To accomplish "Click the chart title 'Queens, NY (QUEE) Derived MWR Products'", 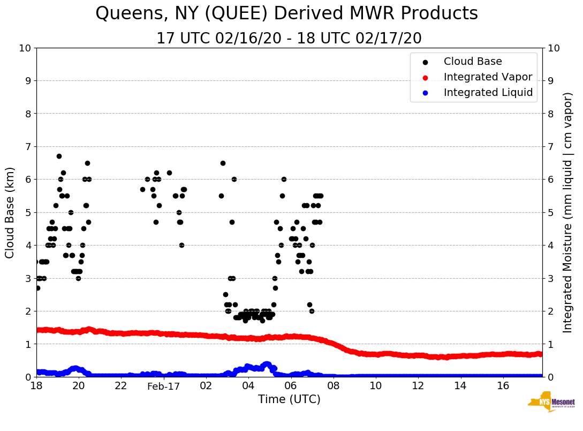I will click(286, 14).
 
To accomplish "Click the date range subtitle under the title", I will click(289, 39).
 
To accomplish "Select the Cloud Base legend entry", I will click(473, 62).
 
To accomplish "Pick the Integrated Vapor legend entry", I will click(488, 77).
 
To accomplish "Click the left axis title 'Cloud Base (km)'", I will click(10, 212).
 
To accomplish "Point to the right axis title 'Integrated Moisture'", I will click(567, 212).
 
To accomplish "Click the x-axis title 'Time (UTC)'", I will click(289, 399).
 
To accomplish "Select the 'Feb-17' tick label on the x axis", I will click(163, 386).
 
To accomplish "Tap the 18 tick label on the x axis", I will click(36, 386).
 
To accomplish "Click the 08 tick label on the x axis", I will click(333, 386).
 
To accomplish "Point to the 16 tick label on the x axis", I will click(503, 386).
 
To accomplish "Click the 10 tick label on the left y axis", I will click(25, 48).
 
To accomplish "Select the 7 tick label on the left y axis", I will click(28, 147).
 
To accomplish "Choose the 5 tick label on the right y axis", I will click(550, 212).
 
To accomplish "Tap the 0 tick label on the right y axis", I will click(550, 377).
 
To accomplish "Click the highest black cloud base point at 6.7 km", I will click(59, 157).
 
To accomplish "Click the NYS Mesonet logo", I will click(551, 402).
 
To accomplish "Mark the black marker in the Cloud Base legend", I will click(425, 62).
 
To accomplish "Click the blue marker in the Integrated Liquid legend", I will click(425, 93).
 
